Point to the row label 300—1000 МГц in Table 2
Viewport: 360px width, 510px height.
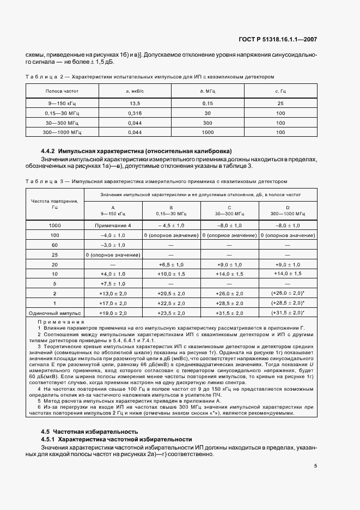coord(54,132)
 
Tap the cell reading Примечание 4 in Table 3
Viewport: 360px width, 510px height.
coord(113,225)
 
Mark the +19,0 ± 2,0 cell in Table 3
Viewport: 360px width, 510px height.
coord(113,313)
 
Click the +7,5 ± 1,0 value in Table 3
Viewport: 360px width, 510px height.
coord(113,284)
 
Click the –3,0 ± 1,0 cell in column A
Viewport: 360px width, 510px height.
coord(113,245)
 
